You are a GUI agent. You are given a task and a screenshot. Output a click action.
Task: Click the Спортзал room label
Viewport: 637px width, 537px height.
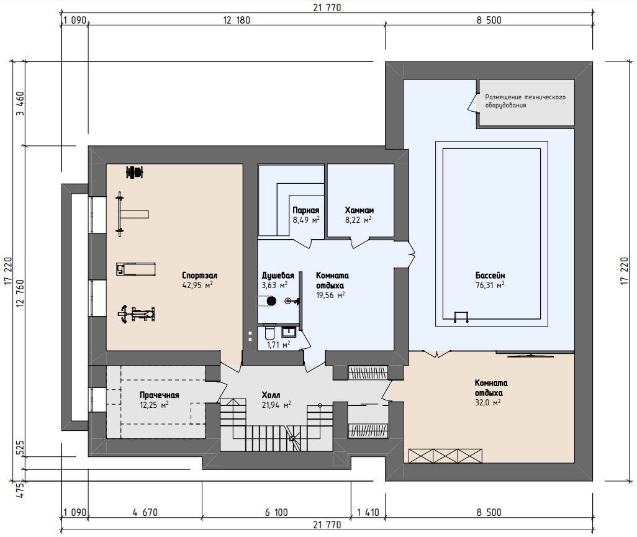point(199,276)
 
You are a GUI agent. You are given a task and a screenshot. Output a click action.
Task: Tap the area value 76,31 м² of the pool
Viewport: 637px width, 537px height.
point(490,285)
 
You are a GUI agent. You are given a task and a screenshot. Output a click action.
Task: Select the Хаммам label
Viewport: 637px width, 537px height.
point(359,210)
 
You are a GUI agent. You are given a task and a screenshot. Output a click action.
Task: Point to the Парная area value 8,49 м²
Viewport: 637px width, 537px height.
point(306,220)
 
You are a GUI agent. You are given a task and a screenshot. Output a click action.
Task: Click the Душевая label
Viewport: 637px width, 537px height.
point(278,276)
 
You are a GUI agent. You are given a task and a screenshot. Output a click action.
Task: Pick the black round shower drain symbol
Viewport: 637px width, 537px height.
point(271,301)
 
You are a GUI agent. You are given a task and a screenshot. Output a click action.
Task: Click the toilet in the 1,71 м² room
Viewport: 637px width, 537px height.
point(269,332)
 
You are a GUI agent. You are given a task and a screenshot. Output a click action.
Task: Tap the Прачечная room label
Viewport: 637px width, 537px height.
point(159,395)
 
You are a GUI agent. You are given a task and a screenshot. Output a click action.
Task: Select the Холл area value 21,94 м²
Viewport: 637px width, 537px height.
point(276,405)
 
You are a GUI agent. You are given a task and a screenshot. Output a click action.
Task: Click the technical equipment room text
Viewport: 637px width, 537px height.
point(525,101)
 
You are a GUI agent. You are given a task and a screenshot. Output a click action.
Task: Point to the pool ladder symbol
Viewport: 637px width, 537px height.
point(461,317)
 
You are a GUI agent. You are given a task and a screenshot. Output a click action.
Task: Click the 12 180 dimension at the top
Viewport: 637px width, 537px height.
point(237,20)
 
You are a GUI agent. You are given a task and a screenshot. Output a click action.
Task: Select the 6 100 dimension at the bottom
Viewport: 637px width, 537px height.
point(276,513)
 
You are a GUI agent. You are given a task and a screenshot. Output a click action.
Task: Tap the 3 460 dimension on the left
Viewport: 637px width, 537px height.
point(20,103)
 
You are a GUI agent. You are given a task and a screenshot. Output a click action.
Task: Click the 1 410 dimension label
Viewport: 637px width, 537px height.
point(368,513)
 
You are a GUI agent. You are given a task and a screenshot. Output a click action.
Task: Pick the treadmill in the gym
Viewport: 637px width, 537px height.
point(136,269)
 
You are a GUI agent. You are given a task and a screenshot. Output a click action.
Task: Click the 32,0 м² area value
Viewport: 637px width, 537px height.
point(487,402)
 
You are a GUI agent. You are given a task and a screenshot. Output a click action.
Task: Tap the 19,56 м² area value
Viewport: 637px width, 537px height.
point(330,296)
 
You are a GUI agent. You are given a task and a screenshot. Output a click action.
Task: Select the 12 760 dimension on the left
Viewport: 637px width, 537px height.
point(20,292)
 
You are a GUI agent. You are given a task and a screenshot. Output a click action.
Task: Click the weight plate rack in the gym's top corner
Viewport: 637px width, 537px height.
point(135,172)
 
